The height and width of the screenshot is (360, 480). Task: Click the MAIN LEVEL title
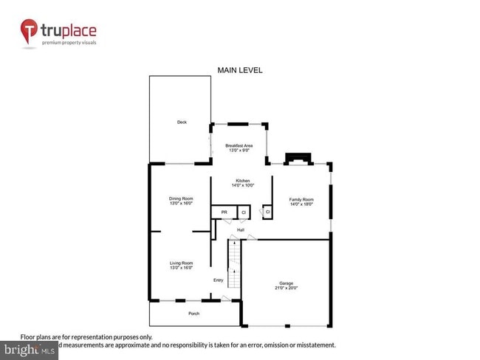pos(239,70)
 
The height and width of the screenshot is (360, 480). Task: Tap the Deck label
pos(181,122)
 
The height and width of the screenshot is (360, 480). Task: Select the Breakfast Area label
pos(239,146)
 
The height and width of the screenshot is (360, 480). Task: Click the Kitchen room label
pos(242,181)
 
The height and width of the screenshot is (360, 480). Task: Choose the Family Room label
pos(301,200)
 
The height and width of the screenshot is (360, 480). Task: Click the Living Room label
pos(181,263)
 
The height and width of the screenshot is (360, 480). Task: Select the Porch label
pos(193,314)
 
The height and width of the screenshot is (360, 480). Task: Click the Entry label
pos(219,280)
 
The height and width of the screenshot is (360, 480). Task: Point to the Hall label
pos(241,229)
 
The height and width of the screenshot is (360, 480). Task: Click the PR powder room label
pos(224,212)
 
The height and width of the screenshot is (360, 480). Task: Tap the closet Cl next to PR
pos(244,212)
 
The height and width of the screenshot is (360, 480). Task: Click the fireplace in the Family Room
pos(299,159)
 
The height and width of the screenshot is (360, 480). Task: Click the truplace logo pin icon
pos(30,32)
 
